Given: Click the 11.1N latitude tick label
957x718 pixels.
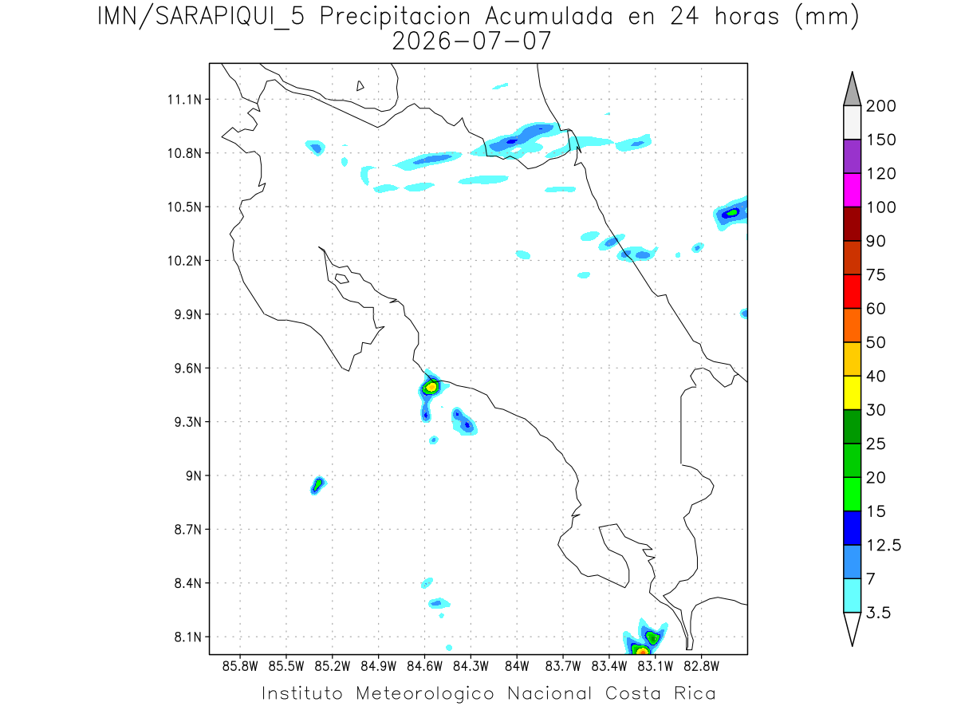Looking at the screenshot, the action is tap(184, 100).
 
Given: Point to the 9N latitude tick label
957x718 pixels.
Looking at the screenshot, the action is tap(194, 475).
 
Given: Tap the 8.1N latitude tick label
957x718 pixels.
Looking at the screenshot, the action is tap(188, 637).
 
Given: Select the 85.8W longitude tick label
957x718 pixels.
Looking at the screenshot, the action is tap(240, 667).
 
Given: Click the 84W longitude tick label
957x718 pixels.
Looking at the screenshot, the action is tap(517, 667).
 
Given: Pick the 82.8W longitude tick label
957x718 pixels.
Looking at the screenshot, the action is tap(701, 667).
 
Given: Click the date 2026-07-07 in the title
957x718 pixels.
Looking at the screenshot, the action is tap(471, 41).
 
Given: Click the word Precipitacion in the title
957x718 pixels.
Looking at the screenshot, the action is tap(395, 17).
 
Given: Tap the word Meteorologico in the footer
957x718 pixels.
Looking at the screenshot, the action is tap(424, 693).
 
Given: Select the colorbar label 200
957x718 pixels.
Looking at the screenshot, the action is tap(880, 106).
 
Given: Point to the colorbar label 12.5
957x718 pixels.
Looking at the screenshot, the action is tap(884, 546).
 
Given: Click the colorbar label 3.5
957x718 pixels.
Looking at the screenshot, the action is tap(878, 613).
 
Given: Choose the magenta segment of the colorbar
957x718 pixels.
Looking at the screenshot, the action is tap(852, 190).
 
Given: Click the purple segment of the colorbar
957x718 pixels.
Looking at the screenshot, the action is tap(852, 156).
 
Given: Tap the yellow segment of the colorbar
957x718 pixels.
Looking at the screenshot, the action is tap(852, 393).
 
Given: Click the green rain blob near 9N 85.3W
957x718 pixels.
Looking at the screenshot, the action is tap(318, 485).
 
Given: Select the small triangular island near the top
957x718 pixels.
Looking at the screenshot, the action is tap(360, 86).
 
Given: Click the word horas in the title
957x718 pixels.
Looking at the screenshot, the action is tap(746, 17).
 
